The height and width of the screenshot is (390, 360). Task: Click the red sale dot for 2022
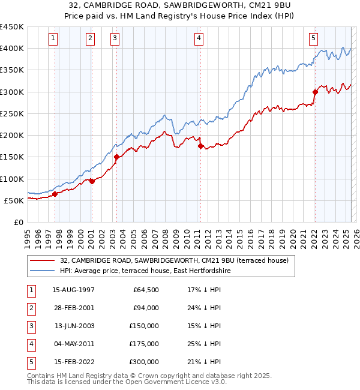pyautogui.click(x=315, y=92)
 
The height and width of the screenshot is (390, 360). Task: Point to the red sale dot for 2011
pyautogui.click(x=200, y=146)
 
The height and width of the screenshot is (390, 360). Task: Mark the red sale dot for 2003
pyautogui.click(x=116, y=157)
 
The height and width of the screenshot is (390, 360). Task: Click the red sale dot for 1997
pyautogui.click(x=55, y=194)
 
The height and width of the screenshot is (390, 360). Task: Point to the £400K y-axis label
pyautogui.click(x=12, y=48)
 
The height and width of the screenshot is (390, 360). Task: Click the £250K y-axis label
pyautogui.click(x=12, y=113)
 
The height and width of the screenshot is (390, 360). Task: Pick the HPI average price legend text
pyautogui.click(x=145, y=271)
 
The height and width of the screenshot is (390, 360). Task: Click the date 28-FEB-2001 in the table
pyautogui.click(x=73, y=308)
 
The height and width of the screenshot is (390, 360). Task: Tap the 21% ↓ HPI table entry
pyautogui.click(x=204, y=362)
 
